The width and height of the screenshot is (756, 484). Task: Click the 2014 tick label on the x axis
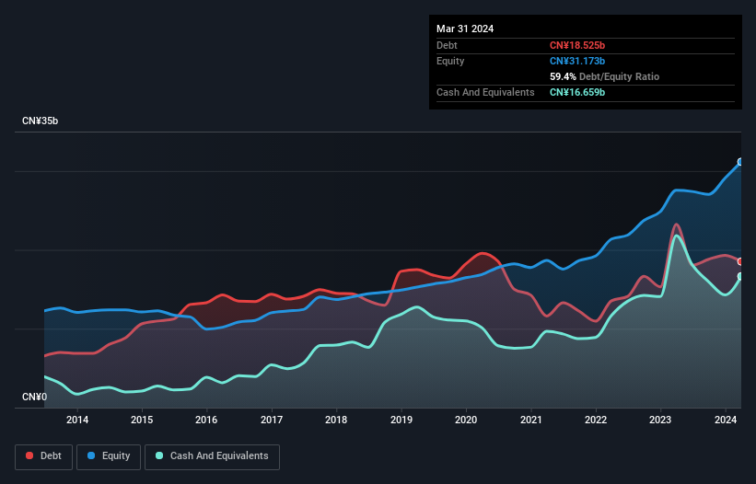(x=77, y=421)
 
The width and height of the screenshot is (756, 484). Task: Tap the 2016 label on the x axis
(x=206, y=421)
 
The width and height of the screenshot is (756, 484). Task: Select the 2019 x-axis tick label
(x=401, y=421)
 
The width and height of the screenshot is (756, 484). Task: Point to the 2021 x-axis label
(x=530, y=421)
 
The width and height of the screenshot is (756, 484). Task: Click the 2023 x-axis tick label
(x=660, y=421)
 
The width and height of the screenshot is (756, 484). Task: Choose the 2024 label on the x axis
(x=725, y=421)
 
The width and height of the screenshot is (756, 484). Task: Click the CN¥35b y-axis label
(x=41, y=121)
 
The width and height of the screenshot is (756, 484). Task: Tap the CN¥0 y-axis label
(x=34, y=398)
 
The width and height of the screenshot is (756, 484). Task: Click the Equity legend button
(x=110, y=456)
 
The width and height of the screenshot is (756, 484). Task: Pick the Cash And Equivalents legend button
(x=212, y=456)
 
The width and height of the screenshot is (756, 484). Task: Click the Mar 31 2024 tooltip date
(x=465, y=29)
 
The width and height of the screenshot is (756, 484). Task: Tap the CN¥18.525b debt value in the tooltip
(x=577, y=45)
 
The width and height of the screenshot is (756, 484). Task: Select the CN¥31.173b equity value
(x=577, y=61)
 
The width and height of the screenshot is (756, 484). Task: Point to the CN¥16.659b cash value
(x=577, y=92)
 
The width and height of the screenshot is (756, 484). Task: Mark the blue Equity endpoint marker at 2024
(x=740, y=162)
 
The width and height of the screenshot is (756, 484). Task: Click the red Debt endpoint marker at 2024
(x=740, y=261)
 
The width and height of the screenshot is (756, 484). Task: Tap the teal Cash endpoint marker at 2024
(x=740, y=276)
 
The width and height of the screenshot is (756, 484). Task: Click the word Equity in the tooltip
(x=450, y=61)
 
